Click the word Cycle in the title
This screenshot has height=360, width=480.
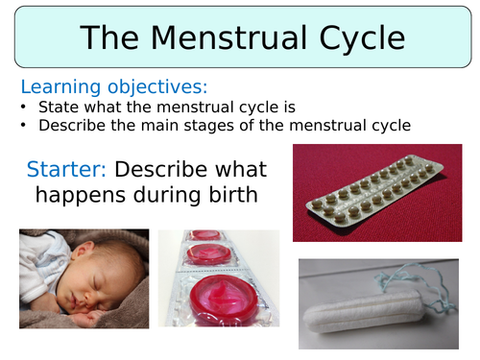[353, 37]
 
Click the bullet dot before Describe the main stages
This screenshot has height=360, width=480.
[25, 125]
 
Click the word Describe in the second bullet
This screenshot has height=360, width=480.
[69, 125]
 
